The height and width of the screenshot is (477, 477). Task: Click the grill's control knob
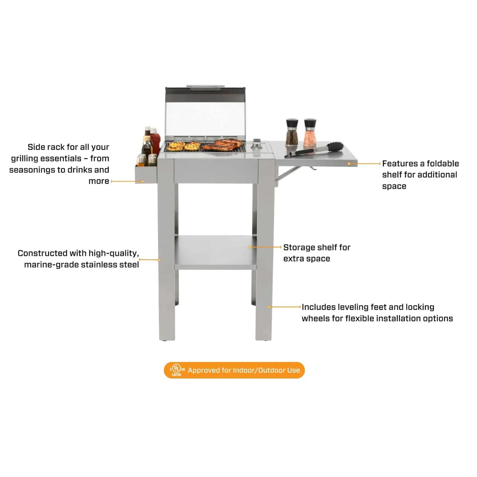click(x=256, y=144)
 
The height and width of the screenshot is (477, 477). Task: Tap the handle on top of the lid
click(x=205, y=87)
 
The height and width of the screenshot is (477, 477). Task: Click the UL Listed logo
click(x=177, y=370)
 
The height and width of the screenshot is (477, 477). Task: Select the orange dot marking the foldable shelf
click(x=349, y=164)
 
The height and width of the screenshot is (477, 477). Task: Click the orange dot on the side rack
click(x=143, y=181)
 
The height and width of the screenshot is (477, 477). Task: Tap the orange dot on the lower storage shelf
click(x=250, y=247)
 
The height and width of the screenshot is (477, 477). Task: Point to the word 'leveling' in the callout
click(x=355, y=307)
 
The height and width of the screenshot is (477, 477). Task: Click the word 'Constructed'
click(x=43, y=253)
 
